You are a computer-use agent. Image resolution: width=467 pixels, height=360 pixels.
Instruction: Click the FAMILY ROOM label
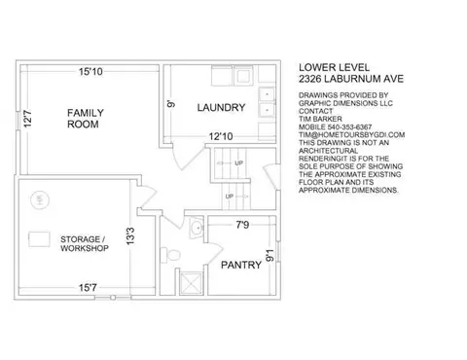[86, 119]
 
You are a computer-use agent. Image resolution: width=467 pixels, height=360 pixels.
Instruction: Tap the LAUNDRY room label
[221, 107]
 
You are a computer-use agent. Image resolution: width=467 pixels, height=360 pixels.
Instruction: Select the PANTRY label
[241, 265]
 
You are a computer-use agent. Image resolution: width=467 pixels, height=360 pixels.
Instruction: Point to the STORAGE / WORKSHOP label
[85, 243]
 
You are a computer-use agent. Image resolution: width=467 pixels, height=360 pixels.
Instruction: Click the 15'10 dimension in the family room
[90, 71]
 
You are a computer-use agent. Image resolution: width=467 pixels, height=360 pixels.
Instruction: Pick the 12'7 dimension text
[28, 119]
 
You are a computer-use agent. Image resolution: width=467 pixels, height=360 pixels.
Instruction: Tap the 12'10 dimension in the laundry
[221, 136]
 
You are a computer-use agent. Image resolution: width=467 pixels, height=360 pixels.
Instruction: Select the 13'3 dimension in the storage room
[130, 235]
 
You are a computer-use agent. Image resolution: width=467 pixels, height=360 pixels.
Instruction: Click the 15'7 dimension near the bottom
[88, 287]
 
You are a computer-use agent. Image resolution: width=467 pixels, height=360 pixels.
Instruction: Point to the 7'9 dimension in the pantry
[242, 225]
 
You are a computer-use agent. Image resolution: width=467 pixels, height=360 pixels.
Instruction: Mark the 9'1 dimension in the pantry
[269, 255]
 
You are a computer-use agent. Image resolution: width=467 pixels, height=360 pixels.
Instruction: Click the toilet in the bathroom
[170, 255]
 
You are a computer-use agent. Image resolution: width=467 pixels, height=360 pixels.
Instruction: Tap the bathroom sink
[197, 228]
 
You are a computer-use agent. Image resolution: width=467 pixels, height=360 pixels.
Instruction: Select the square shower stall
[192, 283]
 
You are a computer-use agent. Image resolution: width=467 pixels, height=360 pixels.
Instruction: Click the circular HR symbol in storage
[40, 200]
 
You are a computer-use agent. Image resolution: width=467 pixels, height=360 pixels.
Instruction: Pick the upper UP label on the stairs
[238, 162]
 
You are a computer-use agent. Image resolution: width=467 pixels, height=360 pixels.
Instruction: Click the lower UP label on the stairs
[230, 197]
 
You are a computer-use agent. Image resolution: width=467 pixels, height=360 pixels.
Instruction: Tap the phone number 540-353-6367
[350, 126]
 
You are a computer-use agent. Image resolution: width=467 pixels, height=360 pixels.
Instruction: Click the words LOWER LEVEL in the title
[334, 67]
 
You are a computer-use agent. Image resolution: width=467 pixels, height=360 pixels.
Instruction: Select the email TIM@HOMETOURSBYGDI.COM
[352, 134]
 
